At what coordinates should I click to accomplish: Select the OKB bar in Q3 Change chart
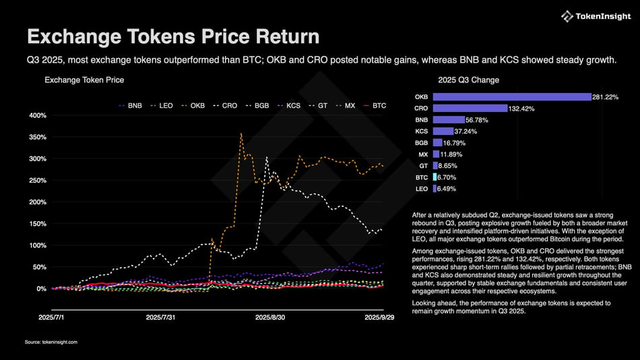(511, 97)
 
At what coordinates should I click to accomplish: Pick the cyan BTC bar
(435, 177)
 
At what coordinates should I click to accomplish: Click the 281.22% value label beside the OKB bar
(606, 97)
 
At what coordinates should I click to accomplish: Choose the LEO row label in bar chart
(422, 189)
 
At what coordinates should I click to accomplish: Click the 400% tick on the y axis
(36, 115)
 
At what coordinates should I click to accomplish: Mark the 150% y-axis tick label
(36, 224)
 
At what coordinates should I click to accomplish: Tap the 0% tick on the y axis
(40, 289)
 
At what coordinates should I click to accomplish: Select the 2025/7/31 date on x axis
(162, 316)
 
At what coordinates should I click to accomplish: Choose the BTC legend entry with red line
(375, 105)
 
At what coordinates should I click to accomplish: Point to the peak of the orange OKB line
(241, 133)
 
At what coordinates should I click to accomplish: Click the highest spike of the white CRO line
(267, 158)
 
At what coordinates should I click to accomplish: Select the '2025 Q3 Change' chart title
(468, 80)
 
